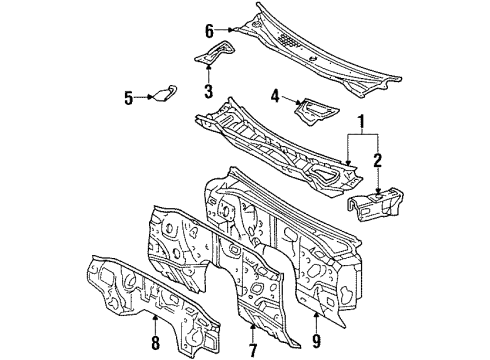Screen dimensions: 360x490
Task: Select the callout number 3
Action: [x=208, y=94]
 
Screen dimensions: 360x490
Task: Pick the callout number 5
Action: [x=129, y=97]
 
